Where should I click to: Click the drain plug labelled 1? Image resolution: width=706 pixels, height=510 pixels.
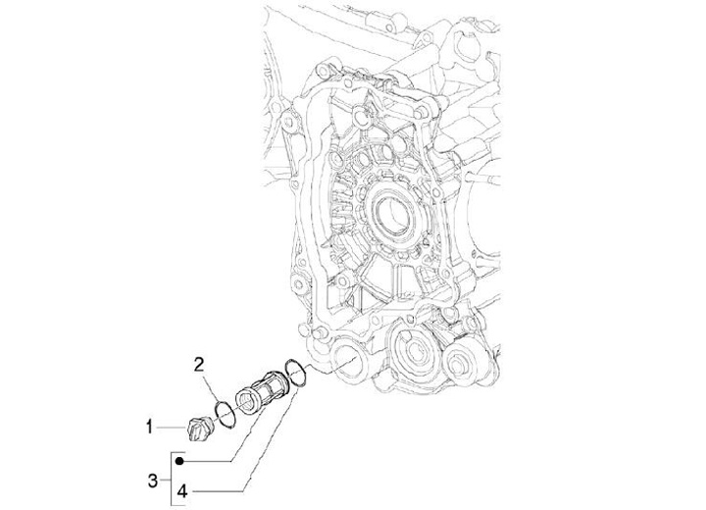(x=194, y=428)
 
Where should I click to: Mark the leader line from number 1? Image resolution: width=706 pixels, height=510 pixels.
(x=169, y=426)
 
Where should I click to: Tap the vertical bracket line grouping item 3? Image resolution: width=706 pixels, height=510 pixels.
(x=175, y=471)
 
